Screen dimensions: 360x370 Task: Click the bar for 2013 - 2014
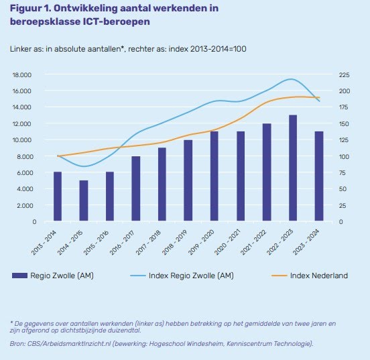click(58, 196)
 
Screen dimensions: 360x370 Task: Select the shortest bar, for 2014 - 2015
click(84, 200)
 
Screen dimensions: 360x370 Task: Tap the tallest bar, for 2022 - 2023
click(293, 168)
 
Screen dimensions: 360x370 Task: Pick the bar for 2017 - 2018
click(162, 184)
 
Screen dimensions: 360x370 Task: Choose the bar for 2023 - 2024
click(319, 176)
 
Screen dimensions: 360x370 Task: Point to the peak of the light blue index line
click(290, 79)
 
